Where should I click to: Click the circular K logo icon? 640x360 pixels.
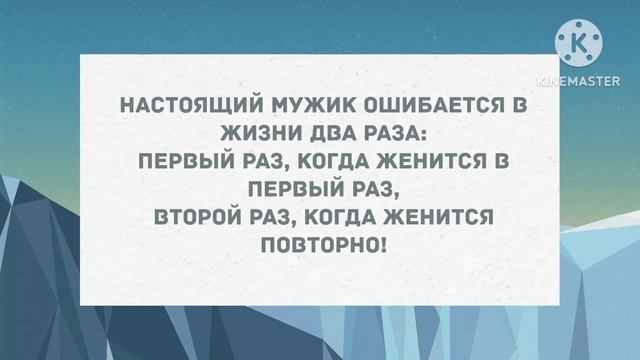click(x=580, y=42)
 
